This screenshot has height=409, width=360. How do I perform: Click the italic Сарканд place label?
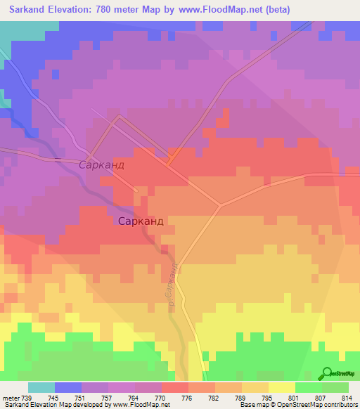click(101, 165)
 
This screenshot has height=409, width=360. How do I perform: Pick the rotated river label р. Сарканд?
click(171, 288)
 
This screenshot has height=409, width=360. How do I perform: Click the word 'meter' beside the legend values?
click(11, 397)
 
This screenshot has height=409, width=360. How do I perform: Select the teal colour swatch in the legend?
click(41, 387)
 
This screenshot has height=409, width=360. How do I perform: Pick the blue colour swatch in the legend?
click(68, 387)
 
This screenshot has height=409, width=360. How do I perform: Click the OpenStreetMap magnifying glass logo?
click(327, 373)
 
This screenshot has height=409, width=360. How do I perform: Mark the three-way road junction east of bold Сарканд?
click(219, 206)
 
